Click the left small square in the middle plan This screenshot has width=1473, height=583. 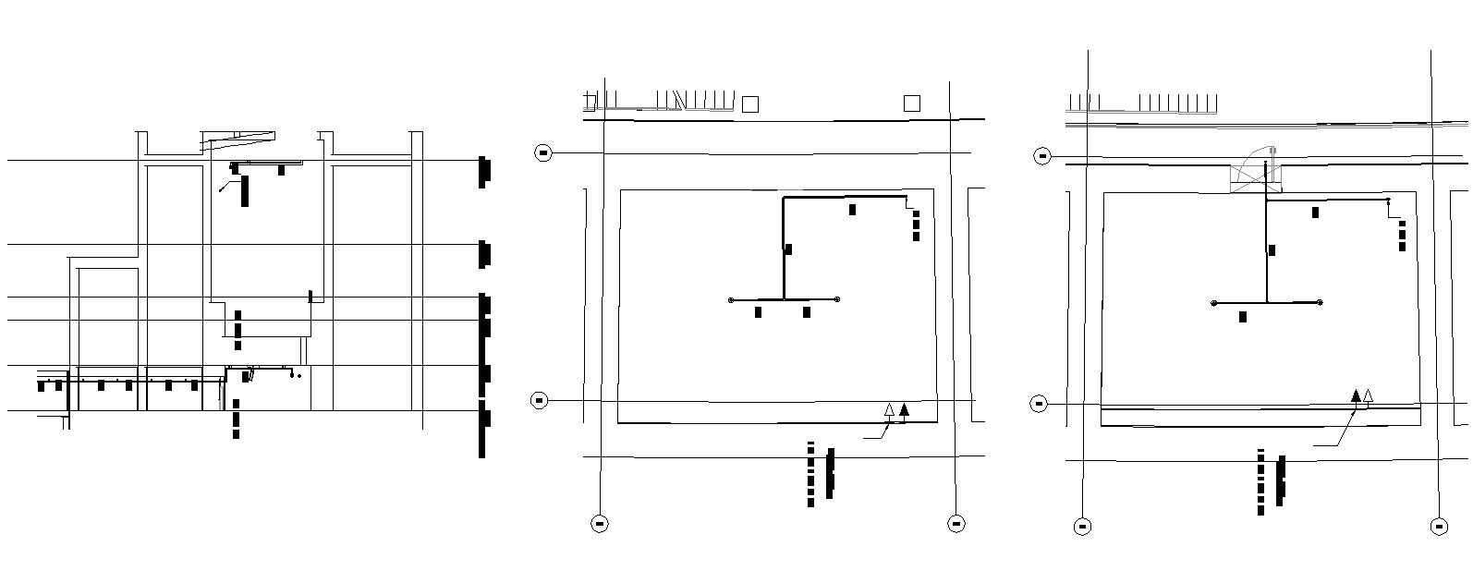coord(750,104)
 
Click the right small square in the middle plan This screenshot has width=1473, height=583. coord(911,103)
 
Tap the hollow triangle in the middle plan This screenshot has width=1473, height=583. coord(890,410)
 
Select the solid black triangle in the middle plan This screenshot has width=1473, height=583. coord(904,410)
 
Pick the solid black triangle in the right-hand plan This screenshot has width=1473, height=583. coord(1356,396)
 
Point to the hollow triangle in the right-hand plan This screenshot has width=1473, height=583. coord(1369,396)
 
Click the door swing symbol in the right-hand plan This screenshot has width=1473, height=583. coord(1256,172)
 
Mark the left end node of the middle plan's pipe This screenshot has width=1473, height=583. coord(732,299)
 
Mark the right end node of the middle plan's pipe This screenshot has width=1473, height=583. coord(837,299)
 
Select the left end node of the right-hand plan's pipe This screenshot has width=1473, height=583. coord(1214,303)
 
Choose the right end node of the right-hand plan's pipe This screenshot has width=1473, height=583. coord(1320,303)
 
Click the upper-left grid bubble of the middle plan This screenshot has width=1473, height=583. coord(543,152)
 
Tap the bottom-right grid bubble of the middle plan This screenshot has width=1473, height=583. coord(956,524)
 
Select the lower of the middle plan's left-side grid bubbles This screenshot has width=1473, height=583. coord(540,400)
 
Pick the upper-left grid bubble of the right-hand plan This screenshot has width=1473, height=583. coord(1042,157)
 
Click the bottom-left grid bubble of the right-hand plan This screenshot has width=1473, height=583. coord(1082,527)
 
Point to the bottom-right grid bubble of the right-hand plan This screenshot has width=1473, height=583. coord(1439,527)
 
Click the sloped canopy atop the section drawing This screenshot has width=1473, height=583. coord(238,140)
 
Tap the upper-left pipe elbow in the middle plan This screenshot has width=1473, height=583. coord(784,198)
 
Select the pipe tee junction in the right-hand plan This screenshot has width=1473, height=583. coord(1266,302)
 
